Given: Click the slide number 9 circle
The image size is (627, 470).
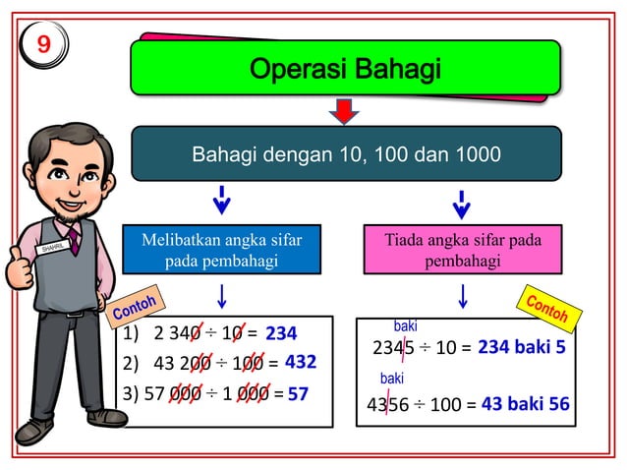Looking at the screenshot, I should point(43,44).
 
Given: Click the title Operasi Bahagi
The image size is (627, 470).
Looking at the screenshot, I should point(345,70).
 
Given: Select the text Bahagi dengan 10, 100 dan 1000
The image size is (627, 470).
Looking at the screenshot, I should point(345,154).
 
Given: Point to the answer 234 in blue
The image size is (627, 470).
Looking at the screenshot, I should point(281,334).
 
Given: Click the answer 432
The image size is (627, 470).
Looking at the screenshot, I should point(300,363).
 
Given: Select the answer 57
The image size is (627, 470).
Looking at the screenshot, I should point(299,395).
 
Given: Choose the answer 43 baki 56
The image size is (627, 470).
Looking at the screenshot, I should point(525,403).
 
